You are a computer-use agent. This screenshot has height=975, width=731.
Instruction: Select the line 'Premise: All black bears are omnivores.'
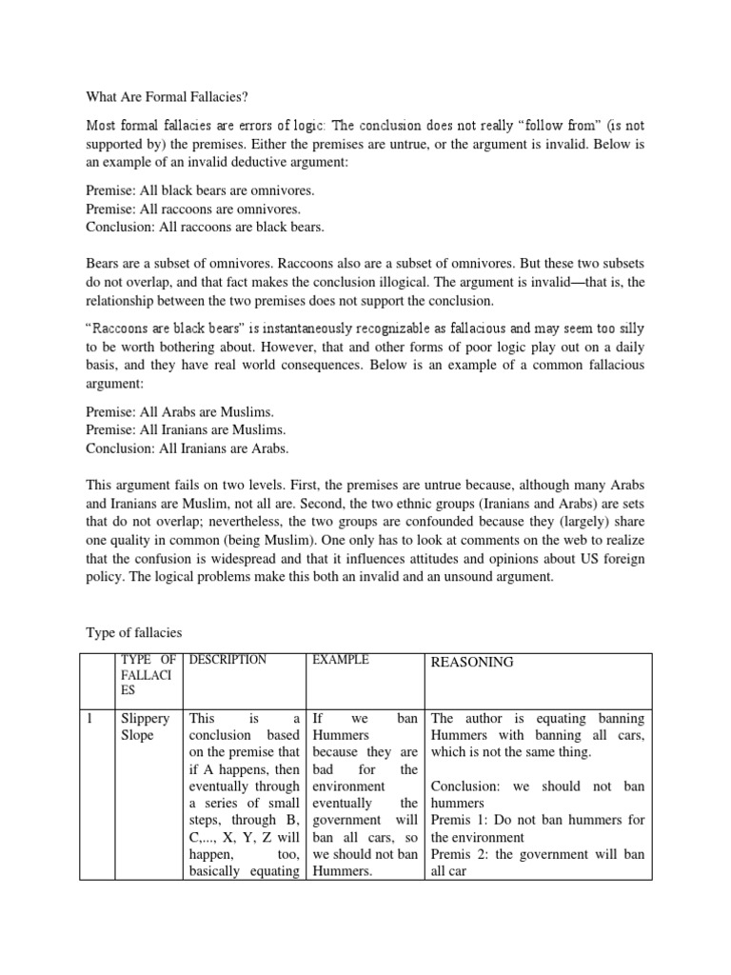(200, 190)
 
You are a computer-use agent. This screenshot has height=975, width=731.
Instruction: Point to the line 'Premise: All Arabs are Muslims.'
(180, 411)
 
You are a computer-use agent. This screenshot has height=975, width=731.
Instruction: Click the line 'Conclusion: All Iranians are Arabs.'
(188, 448)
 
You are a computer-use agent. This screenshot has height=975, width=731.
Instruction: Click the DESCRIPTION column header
(228, 660)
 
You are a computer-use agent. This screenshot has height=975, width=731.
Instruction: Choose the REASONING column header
(472, 662)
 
